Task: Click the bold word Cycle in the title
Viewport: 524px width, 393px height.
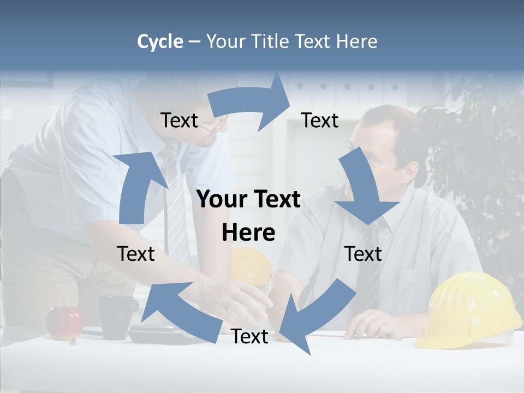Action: click(160, 41)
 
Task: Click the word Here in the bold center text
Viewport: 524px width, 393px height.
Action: click(248, 233)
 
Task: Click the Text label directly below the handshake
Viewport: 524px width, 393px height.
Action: click(249, 337)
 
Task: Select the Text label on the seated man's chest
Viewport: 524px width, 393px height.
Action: click(363, 254)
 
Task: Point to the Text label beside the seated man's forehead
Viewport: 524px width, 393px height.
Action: click(320, 120)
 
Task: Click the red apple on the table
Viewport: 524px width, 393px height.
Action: click(64, 323)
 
